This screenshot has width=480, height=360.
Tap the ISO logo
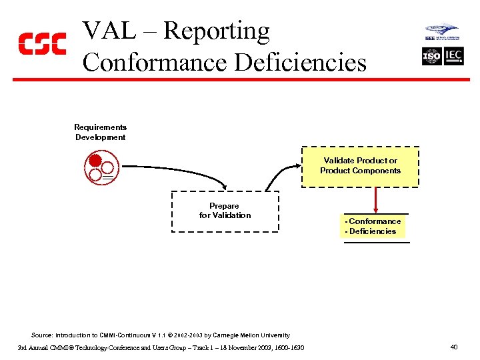[432, 57]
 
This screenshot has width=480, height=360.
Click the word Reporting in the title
[217, 31]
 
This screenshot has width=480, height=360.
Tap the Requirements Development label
[100, 132]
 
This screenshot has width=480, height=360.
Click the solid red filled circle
[95, 161]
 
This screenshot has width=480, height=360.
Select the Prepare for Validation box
[225, 211]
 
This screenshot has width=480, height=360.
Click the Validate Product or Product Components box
[360, 166]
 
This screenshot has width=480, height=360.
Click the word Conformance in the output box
[375, 221]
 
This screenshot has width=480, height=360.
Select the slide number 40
[453, 347]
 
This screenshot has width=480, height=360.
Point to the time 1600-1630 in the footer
[289, 347]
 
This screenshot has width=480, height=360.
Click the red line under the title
[240, 79]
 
